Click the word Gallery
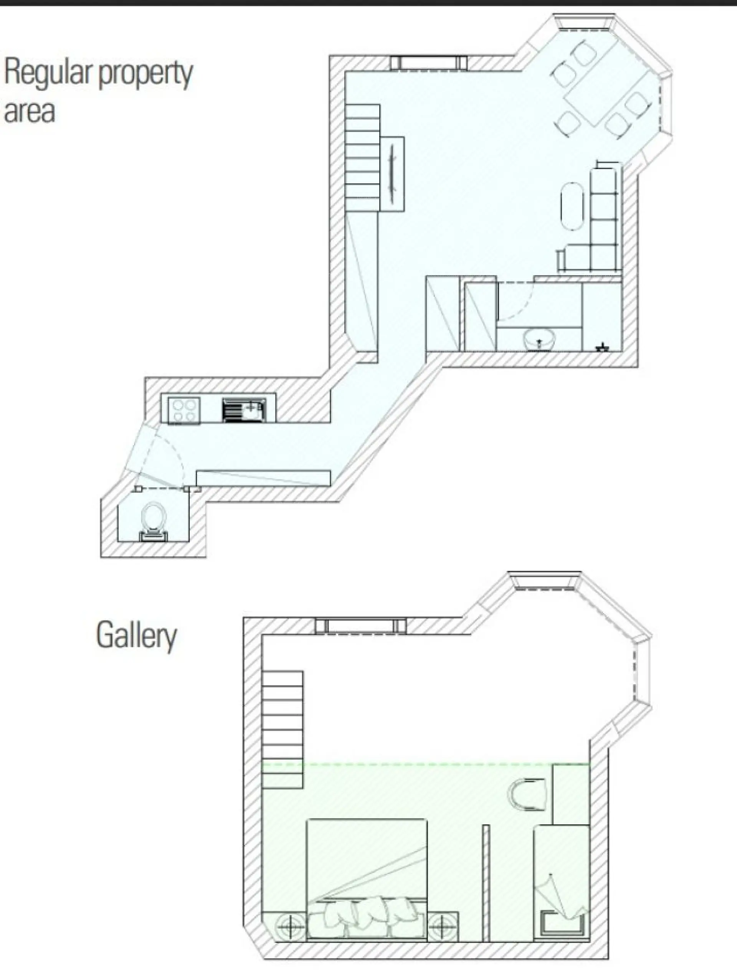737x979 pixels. tap(136, 636)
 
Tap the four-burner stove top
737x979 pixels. tap(184, 410)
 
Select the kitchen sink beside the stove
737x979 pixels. tap(243, 410)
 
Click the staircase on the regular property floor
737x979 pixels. tap(362, 158)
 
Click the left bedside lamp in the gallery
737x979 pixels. tap(290, 926)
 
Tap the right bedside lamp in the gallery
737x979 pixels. tap(442, 926)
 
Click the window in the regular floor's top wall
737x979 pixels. tap(428, 63)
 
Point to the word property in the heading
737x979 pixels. tap(145, 75)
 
